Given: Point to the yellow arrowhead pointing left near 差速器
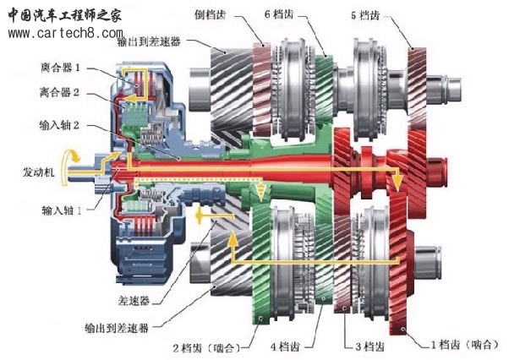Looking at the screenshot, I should [x=201, y=218].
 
